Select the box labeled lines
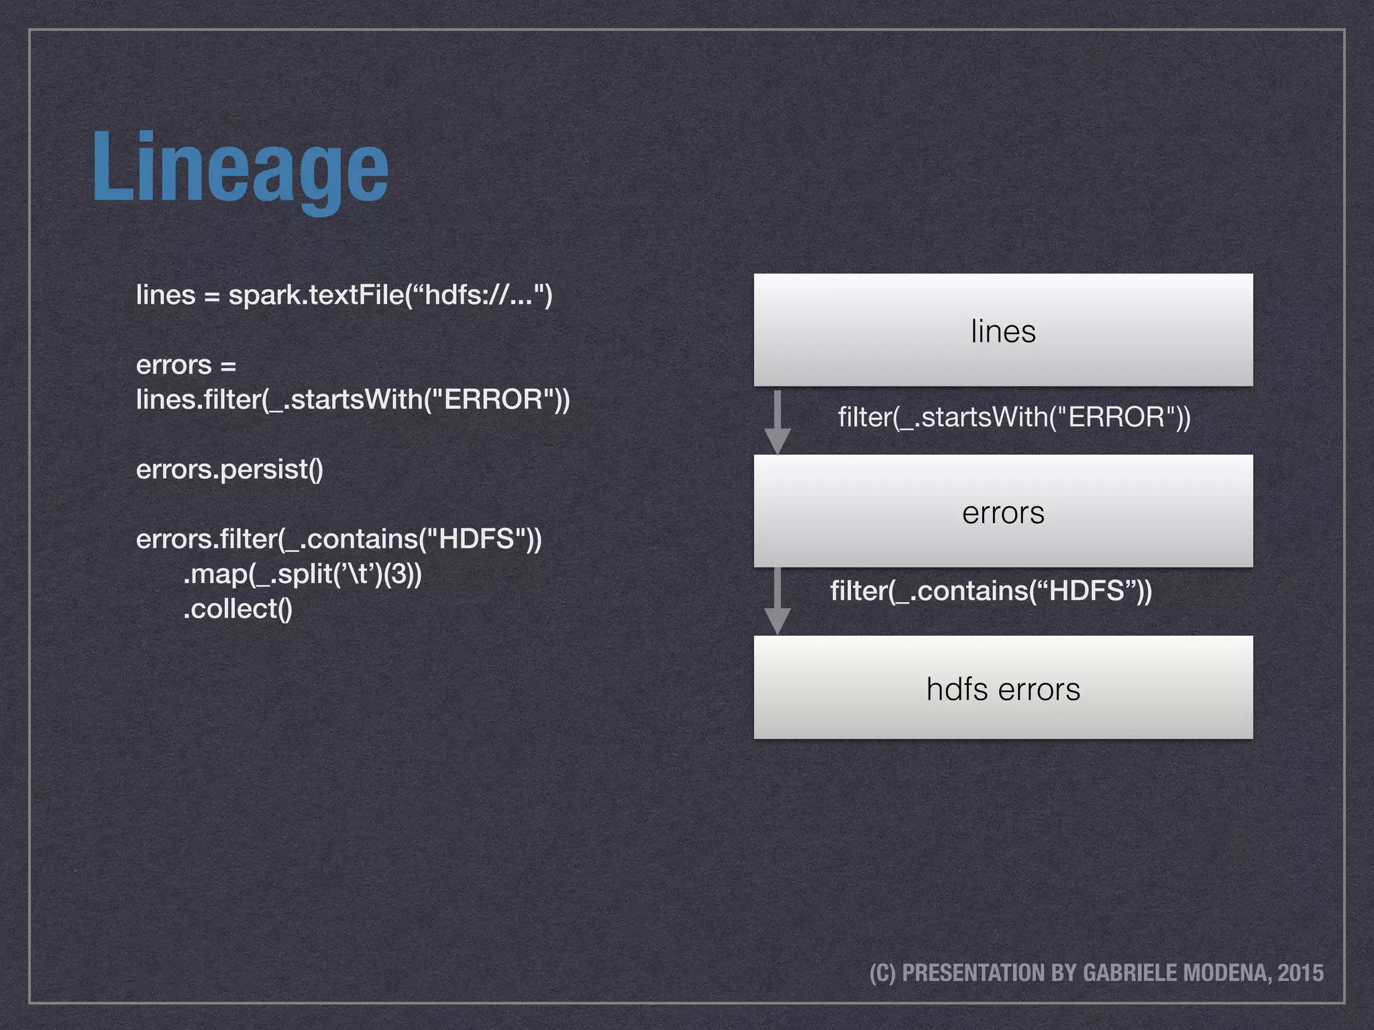[x=1003, y=330]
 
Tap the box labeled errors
[x=1003, y=511]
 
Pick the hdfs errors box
[x=1003, y=688]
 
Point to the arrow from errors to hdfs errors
[x=778, y=601]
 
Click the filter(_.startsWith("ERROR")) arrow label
[x=1014, y=417]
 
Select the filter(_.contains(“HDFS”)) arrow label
[x=991, y=591]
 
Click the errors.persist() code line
[x=229, y=469]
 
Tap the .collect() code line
[x=237, y=609]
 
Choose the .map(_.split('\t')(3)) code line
[x=302, y=574]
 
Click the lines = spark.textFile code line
[x=344, y=295]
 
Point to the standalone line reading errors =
[x=186, y=365]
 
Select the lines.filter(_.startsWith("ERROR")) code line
[x=353, y=400]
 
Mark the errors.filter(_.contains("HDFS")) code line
[x=339, y=539]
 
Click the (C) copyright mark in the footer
[x=882, y=973]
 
